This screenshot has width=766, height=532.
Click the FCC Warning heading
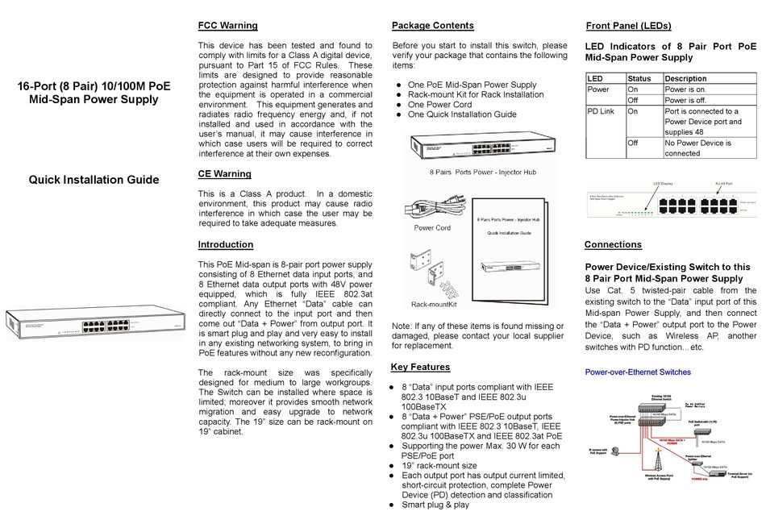[x=227, y=26]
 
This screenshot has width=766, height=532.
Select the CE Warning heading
[x=224, y=173]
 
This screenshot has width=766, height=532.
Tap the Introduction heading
[x=225, y=244]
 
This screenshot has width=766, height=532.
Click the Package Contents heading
[x=432, y=26]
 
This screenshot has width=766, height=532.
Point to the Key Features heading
[x=420, y=367]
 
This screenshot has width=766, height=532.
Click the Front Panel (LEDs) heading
[x=628, y=26]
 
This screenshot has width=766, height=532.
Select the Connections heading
[x=613, y=244]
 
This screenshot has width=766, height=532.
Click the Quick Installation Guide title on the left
[x=94, y=180]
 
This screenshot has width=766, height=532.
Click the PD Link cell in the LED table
[x=601, y=112]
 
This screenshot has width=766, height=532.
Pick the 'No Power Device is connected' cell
[x=697, y=148]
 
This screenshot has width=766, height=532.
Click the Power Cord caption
[x=431, y=228]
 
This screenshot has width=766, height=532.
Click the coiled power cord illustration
[x=432, y=206]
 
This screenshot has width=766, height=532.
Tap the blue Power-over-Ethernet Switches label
[x=637, y=372]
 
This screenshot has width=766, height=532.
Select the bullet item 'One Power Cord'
[x=439, y=105]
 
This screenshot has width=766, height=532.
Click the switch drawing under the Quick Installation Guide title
[x=94, y=326]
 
